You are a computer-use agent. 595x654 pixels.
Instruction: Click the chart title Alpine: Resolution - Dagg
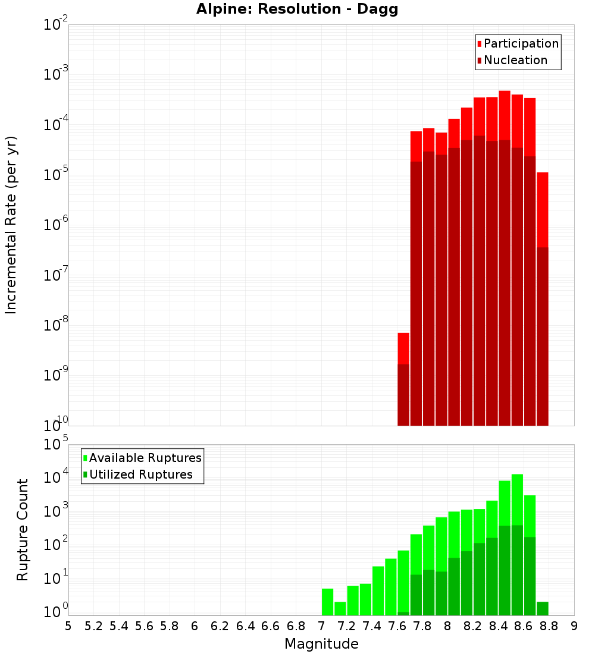pyautogui.click(x=301, y=10)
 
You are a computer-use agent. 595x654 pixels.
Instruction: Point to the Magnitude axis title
pyautogui.click(x=321, y=644)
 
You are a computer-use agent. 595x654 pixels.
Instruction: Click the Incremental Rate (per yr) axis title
pyautogui.click(x=11, y=225)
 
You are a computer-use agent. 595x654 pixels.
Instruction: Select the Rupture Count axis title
pyautogui.click(x=23, y=529)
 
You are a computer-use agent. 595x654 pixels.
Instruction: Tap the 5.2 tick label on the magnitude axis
pyautogui.click(x=93, y=625)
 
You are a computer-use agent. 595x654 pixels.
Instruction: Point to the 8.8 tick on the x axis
pyautogui.click(x=549, y=625)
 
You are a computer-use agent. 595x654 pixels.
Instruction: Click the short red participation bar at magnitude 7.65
pyautogui.click(x=403, y=348)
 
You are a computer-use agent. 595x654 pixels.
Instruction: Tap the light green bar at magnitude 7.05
pyautogui.click(x=327, y=602)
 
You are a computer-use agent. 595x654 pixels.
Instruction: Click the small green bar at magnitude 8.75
pyautogui.click(x=542, y=608)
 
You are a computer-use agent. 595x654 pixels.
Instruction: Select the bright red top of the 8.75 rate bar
pyautogui.click(x=542, y=208)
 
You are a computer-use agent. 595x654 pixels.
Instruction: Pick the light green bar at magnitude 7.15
pyautogui.click(x=340, y=608)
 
